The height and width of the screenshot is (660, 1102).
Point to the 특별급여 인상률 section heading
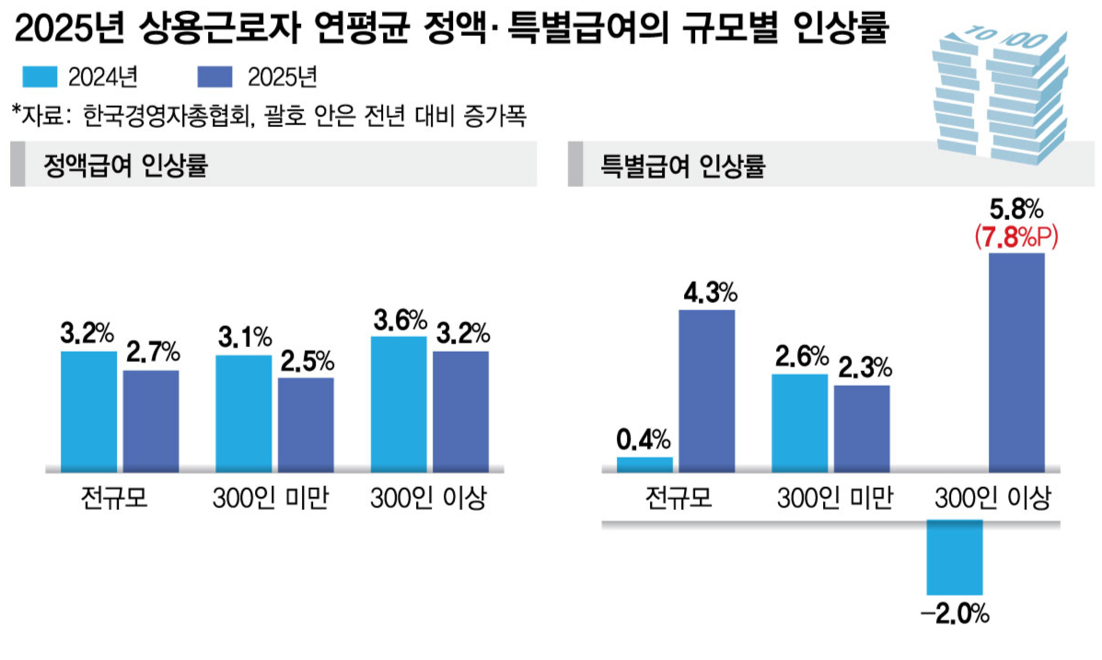pos(683,167)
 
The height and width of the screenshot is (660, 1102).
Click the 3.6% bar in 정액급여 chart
pos(399,401)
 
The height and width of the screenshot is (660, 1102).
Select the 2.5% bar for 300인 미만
pos(306,423)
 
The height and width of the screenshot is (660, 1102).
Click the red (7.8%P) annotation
pos(1016,238)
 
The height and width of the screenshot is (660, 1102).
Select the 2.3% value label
pos(863,369)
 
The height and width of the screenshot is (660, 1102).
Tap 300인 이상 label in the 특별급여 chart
pos(991,499)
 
